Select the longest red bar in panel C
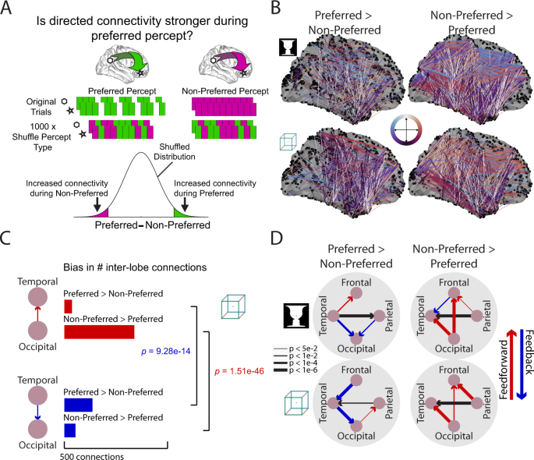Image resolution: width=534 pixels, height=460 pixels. click(99, 332)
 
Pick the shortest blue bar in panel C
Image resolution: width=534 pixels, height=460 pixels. click(69, 430)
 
